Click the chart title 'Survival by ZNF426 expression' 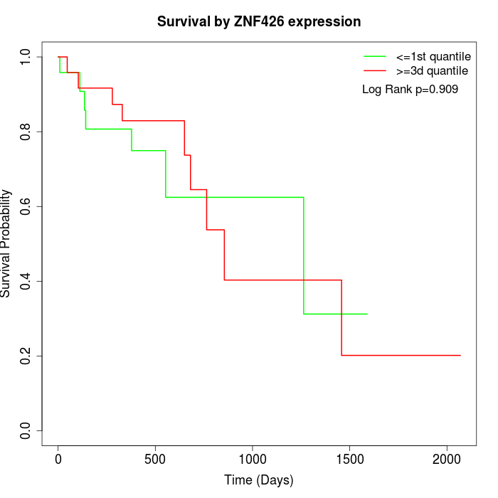[x=259, y=22]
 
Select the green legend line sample [x=375, y=55]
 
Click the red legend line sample [x=375, y=71]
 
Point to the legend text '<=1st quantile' [x=433, y=55]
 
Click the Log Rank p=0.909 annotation [x=410, y=90]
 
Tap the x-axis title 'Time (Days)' [x=259, y=480]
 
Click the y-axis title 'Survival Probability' [x=6, y=243]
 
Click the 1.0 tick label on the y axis [x=26, y=57]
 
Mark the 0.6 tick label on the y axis [x=26, y=206]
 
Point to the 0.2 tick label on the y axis [x=26, y=356]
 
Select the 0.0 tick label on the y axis [x=26, y=430]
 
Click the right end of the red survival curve [x=460, y=355]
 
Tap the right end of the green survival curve [x=367, y=314]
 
